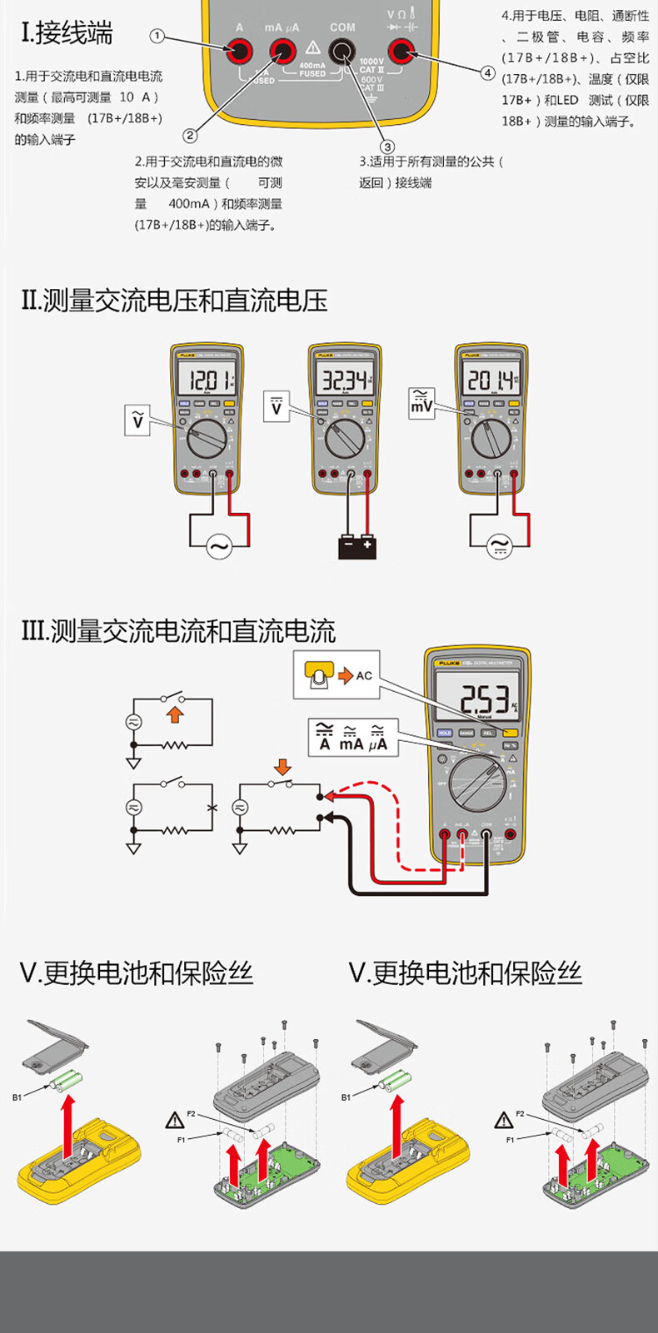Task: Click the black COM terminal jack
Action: coord(341,52)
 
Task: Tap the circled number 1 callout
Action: coord(157,37)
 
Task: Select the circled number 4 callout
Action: coord(487,72)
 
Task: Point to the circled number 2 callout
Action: coord(191,135)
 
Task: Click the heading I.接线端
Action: coord(67,33)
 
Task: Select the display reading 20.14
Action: coord(491,381)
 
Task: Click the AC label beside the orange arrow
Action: coord(364,675)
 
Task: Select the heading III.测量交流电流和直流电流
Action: coord(178,631)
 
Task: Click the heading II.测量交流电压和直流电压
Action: coord(175,300)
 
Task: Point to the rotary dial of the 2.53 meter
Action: coord(477,783)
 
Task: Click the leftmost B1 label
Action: coord(17,1097)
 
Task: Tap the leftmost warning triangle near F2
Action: coord(174,1120)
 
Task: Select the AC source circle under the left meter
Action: coord(219,546)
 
